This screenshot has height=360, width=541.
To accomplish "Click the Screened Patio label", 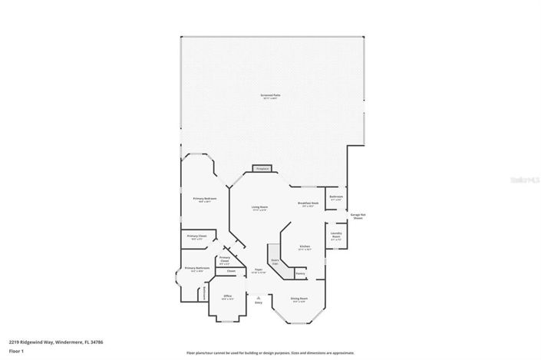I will pyautogui.click(x=271, y=96).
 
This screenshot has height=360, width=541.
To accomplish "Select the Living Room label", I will pyautogui.click(x=259, y=208).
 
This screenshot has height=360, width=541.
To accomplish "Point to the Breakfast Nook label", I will pyautogui.click(x=308, y=204).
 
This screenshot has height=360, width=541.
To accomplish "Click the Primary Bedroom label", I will pyautogui.click(x=205, y=199).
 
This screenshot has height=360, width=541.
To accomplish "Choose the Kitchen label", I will pyautogui.click(x=304, y=247).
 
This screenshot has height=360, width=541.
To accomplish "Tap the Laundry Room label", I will pyautogui.click(x=336, y=236).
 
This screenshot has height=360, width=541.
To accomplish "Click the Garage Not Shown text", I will pyautogui.click(x=358, y=216).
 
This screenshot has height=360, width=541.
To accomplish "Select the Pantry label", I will pyautogui.click(x=300, y=273).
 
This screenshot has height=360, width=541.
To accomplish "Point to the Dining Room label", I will pyautogui.click(x=299, y=299).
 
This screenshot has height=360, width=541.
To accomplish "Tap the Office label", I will pyautogui.click(x=227, y=296).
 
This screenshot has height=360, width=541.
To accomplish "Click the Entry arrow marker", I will pyautogui.click(x=259, y=296).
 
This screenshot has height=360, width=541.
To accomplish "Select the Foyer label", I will pyautogui.click(x=259, y=271).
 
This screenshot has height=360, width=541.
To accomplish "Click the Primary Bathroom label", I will pyautogui.click(x=197, y=269).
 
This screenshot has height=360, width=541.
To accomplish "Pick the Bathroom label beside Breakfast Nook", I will pyautogui.click(x=336, y=197).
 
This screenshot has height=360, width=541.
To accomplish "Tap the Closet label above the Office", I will pyautogui.click(x=230, y=271).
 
